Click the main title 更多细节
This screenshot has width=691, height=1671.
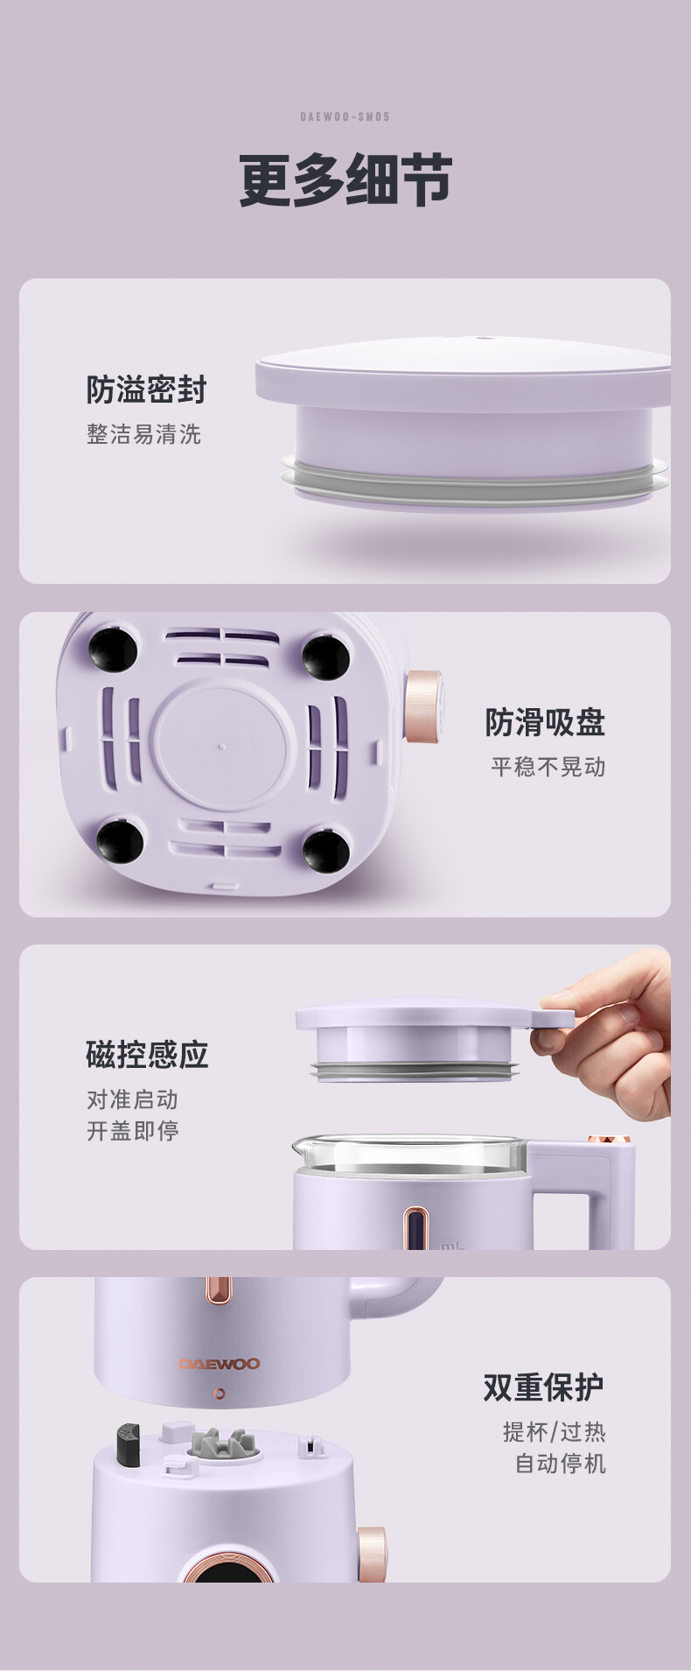pos(345,180)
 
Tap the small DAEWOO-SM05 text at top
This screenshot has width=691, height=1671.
pos(345,116)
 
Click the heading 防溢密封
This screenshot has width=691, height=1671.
pos(146,390)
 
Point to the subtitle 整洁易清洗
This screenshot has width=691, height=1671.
pos(143,434)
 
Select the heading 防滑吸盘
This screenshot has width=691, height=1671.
pos(545,722)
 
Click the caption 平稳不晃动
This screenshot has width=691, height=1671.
pos(548,767)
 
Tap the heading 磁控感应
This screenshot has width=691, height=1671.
pos(147,1055)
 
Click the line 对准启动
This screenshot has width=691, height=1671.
pos(132,1099)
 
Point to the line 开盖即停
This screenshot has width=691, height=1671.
pos(132,1131)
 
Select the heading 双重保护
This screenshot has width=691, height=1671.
pos(544,1387)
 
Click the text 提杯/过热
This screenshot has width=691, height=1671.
pos(554,1432)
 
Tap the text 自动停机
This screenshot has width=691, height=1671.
pos(560,1464)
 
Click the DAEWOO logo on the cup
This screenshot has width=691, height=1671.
pos(220,1364)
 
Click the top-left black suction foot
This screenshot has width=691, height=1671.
pos(113,649)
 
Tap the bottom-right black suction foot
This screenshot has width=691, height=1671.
pos(325,850)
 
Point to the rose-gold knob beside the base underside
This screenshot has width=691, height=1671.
pos(422,706)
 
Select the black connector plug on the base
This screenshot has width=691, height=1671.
pos(129,1444)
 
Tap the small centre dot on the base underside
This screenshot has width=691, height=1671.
pos(221,748)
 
